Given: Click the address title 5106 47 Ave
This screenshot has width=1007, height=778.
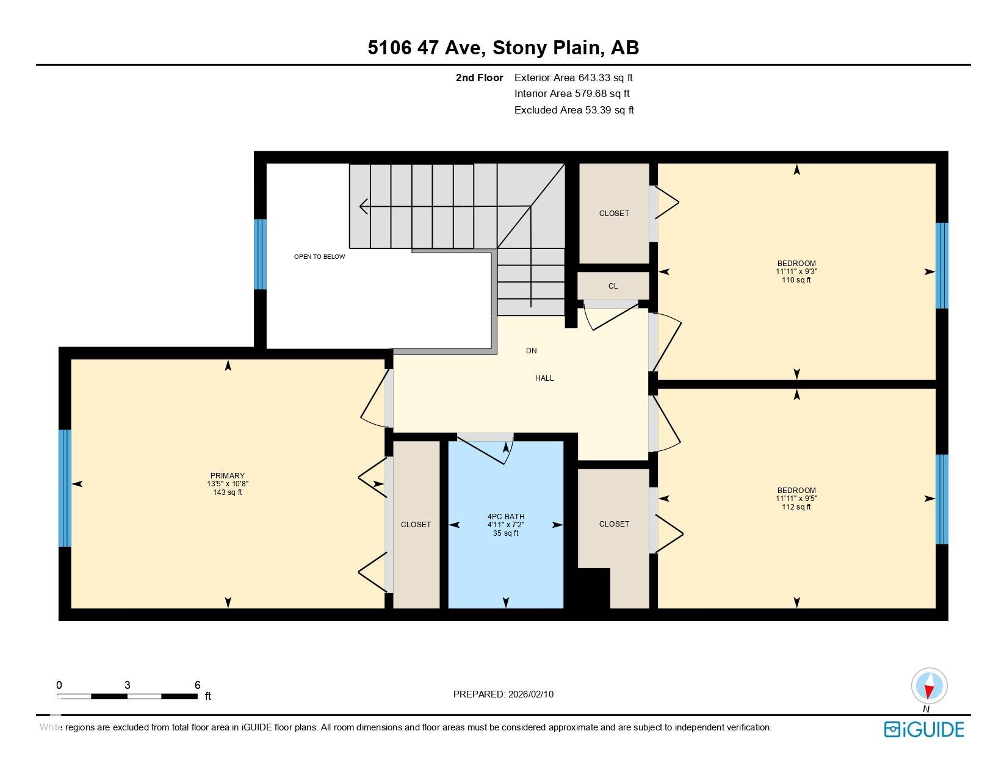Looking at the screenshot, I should pos(503,48).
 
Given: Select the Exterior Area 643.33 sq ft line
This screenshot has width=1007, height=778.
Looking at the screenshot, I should pos(574,77).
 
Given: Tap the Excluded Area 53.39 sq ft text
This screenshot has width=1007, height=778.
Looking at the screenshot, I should pos(574,110).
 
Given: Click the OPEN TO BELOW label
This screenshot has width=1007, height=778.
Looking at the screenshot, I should pos(319,257).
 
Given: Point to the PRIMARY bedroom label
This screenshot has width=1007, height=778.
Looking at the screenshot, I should pos(227,476).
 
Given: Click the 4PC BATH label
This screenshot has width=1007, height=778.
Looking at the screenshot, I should pos(505,517).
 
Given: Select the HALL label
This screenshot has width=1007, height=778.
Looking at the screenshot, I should pos(544,378).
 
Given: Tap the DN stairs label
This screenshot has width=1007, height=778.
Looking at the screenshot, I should pos(532,351).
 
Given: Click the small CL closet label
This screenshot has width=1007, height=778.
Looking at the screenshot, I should pos(613,286).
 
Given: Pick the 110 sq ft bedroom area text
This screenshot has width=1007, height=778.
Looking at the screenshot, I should pos(796,280).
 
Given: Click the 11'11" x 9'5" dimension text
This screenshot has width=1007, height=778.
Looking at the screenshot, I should pos(796,499).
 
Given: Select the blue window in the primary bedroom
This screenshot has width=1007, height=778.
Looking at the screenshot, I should pos(65,488).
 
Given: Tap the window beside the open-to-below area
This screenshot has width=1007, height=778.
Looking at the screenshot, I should pos(260,254).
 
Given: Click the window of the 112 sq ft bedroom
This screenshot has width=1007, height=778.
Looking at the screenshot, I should pos(942,499).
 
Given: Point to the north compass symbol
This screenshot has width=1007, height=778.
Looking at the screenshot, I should pos(929,686).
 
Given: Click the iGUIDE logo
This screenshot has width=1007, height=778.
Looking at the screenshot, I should pos(924,730).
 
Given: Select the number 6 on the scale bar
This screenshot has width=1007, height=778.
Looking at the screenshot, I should pos(197,685).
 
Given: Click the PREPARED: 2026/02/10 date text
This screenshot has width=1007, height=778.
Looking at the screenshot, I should pos(503,694).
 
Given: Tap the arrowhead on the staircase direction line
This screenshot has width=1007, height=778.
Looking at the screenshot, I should pos(363,206).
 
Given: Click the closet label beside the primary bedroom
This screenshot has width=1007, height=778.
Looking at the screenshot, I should pos(416,525).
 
